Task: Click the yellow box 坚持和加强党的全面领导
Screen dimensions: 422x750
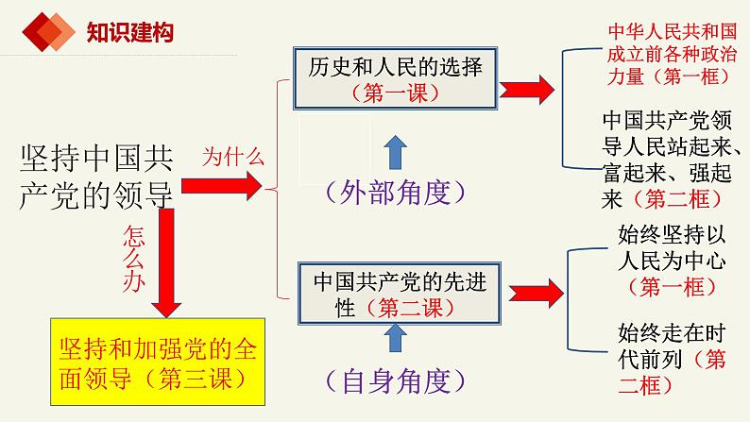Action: click(x=158, y=362)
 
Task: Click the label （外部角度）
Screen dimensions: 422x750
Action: click(x=396, y=193)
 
